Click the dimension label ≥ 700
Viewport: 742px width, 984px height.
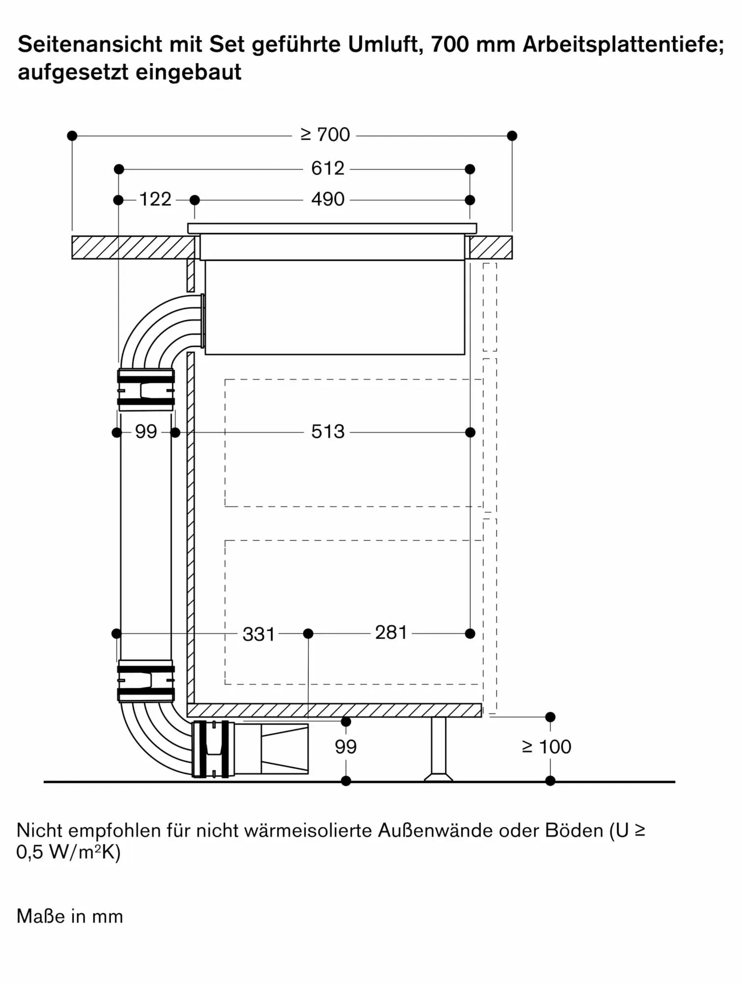[325, 135]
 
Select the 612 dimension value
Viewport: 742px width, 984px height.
[327, 169]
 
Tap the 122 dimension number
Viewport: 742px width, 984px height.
[155, 200]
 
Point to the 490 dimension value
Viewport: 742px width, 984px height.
[327, 200]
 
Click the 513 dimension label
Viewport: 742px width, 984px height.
[327, 432]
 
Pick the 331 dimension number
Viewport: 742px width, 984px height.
[258, 634]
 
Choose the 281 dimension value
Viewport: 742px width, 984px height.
[391, 633]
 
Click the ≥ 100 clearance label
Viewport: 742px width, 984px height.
[547, 747]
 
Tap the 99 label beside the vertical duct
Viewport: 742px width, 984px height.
[146, 432]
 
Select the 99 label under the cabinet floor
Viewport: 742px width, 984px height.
[345, 747]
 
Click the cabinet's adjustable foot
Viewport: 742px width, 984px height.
[438, 749]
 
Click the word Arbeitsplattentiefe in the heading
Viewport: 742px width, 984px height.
[623, 45]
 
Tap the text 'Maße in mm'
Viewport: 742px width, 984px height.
[70, 917]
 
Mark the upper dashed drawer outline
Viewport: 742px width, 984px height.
[353, 443]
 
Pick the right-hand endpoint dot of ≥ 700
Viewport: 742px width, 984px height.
[512, 135]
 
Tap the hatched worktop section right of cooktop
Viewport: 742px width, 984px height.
[491, 247]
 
